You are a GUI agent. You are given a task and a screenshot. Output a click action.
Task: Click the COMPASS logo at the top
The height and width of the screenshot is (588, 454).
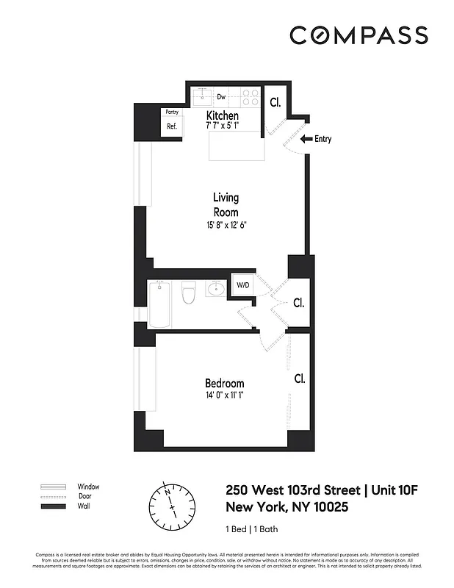(x=358, y=35)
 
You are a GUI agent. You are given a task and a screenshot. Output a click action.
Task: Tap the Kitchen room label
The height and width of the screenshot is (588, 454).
(x=222, y=116)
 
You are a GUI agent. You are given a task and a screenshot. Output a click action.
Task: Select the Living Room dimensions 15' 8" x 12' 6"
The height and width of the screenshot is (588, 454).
(x=226, y=224)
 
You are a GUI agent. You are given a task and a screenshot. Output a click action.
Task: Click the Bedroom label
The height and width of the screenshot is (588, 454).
(x=224, y=384)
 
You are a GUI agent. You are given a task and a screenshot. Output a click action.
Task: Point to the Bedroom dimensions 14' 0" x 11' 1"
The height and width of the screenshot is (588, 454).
(x=224, y=395)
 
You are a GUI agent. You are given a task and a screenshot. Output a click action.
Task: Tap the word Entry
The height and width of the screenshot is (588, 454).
(x=323, y=139)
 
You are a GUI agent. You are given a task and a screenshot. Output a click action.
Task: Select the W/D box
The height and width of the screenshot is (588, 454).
(x=242, y=285)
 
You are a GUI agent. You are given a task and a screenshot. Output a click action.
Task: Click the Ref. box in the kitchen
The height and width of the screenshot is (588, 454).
(x=172, y=126)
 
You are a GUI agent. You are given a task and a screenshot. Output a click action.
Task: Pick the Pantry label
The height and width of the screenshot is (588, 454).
(x=172, y=112)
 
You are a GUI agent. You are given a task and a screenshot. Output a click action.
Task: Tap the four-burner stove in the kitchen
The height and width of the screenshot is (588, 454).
(x=250, y=97)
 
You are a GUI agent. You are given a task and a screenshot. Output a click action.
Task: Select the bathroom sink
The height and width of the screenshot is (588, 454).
(x=215, y=289)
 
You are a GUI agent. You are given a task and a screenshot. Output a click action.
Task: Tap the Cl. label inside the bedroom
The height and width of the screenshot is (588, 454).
(x=299, y=379)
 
